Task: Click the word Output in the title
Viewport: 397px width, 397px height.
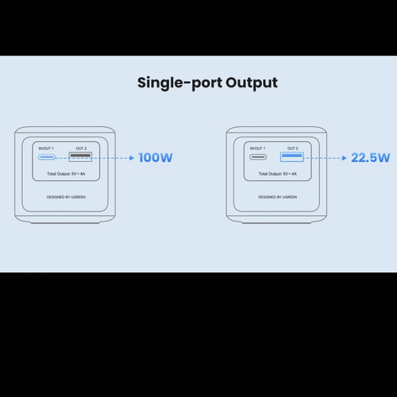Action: pos(252,83)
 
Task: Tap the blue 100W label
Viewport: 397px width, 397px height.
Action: pos(156,158)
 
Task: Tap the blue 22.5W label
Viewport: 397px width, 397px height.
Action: pos(371,158)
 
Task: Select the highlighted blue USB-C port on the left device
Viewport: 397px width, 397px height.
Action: pos(47,157)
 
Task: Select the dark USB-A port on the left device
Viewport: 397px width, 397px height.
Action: pos(80,156)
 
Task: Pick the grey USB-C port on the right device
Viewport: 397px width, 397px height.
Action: pos(258,157)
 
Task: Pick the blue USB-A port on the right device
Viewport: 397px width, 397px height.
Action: pos(292,156)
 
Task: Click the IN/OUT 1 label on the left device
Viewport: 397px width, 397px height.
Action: pos(46,148)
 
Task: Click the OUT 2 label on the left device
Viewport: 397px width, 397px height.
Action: pos(81,148)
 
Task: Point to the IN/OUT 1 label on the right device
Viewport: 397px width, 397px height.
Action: pos(257,148)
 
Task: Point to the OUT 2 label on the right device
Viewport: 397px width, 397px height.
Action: pos(293,148)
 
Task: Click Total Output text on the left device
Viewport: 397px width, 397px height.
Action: pos(66,174)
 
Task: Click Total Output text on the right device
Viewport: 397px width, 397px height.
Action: pos(278,174)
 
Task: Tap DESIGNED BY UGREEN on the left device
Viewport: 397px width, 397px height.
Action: pos(66,197)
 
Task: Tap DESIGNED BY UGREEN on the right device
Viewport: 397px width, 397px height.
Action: pos(278,197)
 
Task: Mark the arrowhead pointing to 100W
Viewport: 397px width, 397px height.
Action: pos(132,158)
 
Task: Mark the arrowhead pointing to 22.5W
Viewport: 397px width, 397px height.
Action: pos(344,158)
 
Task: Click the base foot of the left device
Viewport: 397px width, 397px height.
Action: pos(65,222)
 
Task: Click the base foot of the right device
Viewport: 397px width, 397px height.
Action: pos(276,222)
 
